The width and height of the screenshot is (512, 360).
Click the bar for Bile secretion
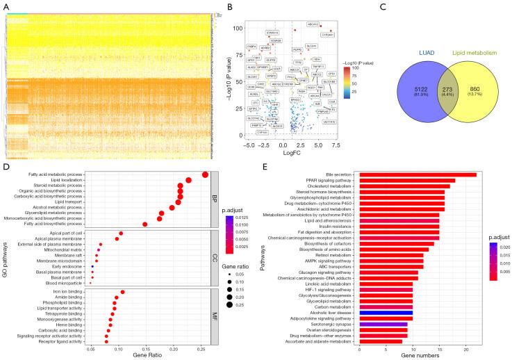click(x=417, y=174)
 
